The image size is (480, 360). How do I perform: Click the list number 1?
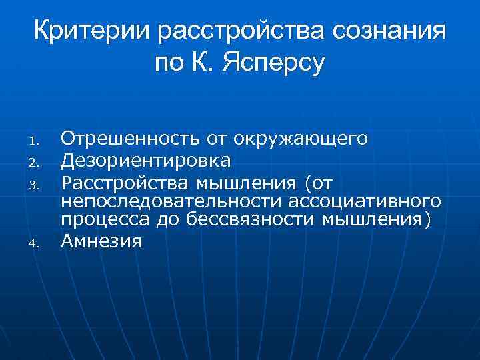coord(37,141)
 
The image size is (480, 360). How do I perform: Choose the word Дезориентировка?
coord(146,160)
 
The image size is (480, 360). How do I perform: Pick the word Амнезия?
coord(101,241)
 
